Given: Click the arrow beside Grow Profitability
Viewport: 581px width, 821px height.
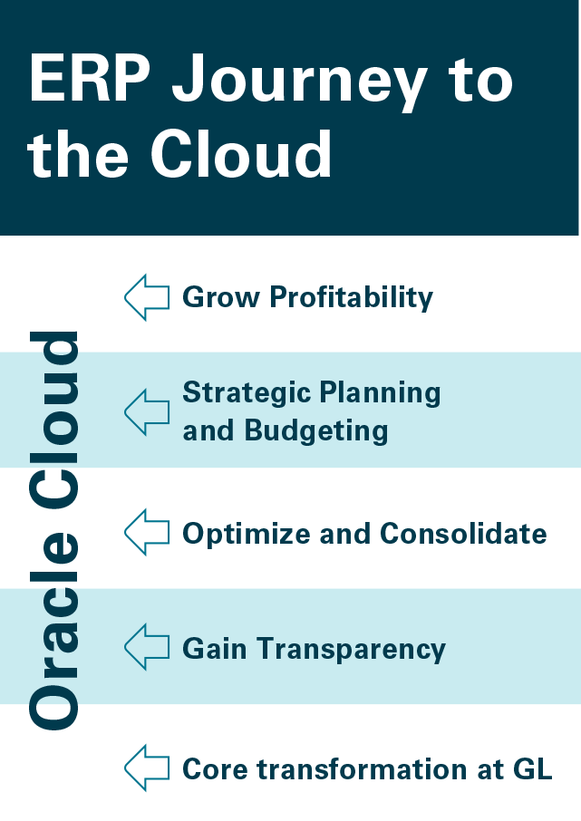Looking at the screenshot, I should click(x=147, y=297).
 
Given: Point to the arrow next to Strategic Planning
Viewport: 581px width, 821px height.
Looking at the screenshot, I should click(x=147, y=411).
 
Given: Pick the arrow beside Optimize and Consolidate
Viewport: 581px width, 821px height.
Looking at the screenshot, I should click(x=147, y=532).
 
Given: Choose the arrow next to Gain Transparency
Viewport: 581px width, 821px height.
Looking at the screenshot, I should click(x=147, y=647).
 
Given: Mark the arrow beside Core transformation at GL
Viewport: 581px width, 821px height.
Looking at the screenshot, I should click(x=147, y=768).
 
